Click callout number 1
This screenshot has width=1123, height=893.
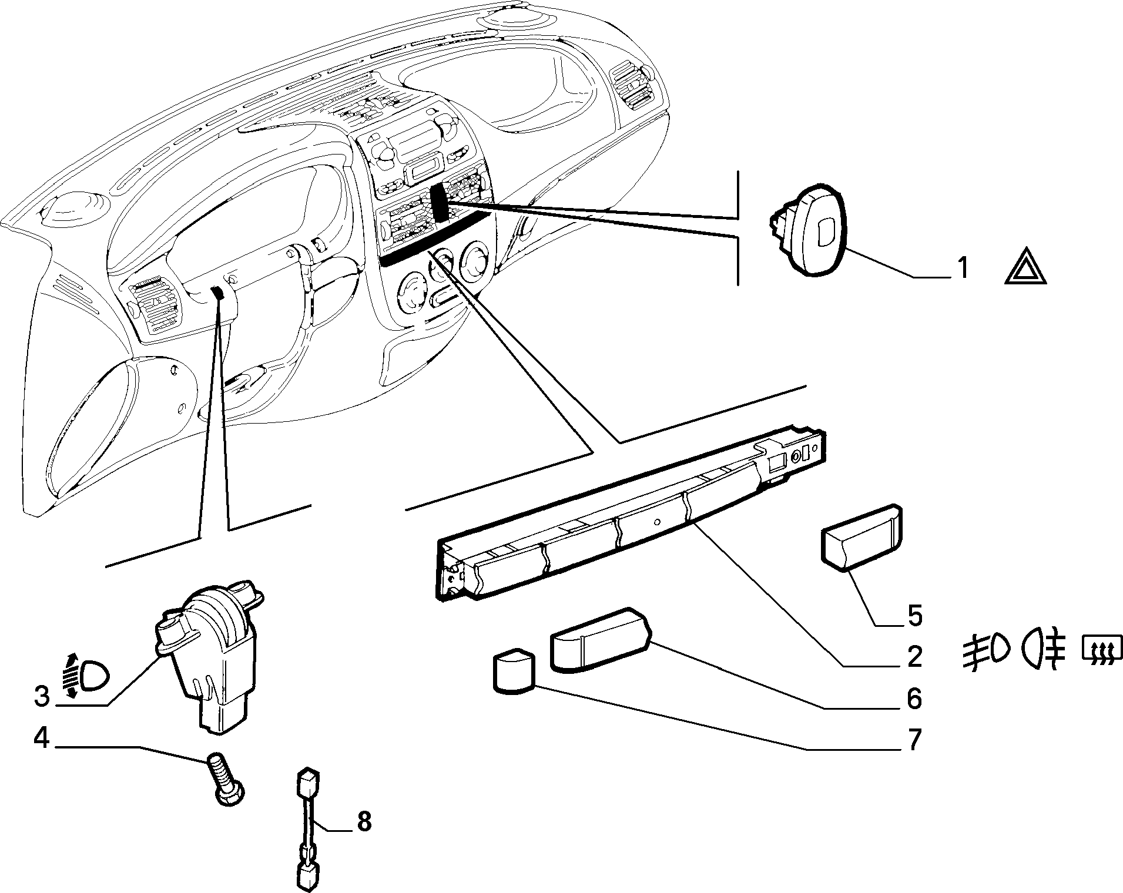click(961, 268)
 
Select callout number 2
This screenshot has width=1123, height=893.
click(914, 657)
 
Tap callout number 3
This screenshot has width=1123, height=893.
click(42, 697)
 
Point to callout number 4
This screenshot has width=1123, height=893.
click(41, 738)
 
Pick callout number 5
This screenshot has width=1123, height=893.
click(914, 615)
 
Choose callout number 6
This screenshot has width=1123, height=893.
click(914, 699)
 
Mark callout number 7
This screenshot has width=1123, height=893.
click(914, 740)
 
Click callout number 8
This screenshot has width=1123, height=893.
click(364, 821)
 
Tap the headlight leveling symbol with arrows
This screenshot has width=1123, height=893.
click(84, 676)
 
